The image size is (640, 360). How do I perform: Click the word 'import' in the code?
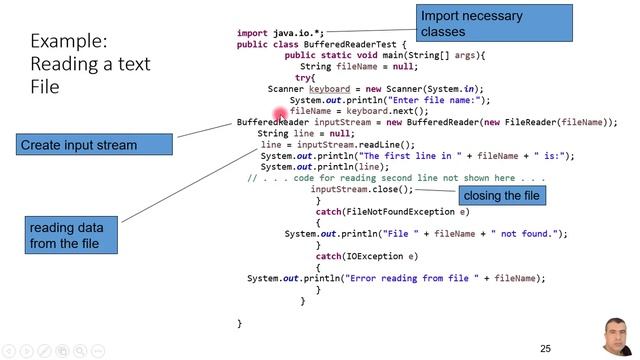(x=252, y=33)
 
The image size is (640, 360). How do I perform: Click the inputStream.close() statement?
(x=362, y=189)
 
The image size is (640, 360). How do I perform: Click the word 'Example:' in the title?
(x=69, y=41)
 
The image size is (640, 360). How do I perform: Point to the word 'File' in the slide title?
(x=45, y=87)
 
